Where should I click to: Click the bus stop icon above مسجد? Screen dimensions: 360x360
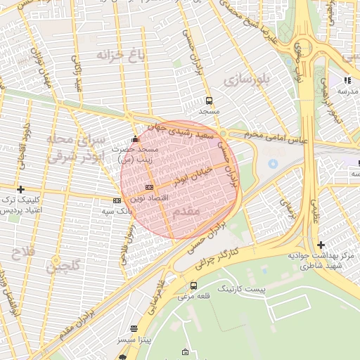tap(208, 101)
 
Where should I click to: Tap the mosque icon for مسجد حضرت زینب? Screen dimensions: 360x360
tap(135, 139)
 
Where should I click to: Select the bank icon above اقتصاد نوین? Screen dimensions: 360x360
tap(148, 187)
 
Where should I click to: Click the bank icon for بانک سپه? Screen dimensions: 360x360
tap(117, 200)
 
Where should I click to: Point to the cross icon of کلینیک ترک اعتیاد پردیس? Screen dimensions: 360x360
tap(21, 189)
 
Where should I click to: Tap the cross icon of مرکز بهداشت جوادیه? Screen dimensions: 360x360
tap(321, 245)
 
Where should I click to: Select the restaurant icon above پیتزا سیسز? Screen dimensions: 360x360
tap(134, 328)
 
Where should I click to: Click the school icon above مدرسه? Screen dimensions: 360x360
tap(347, 79)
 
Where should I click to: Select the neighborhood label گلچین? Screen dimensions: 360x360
tap(63, 266)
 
